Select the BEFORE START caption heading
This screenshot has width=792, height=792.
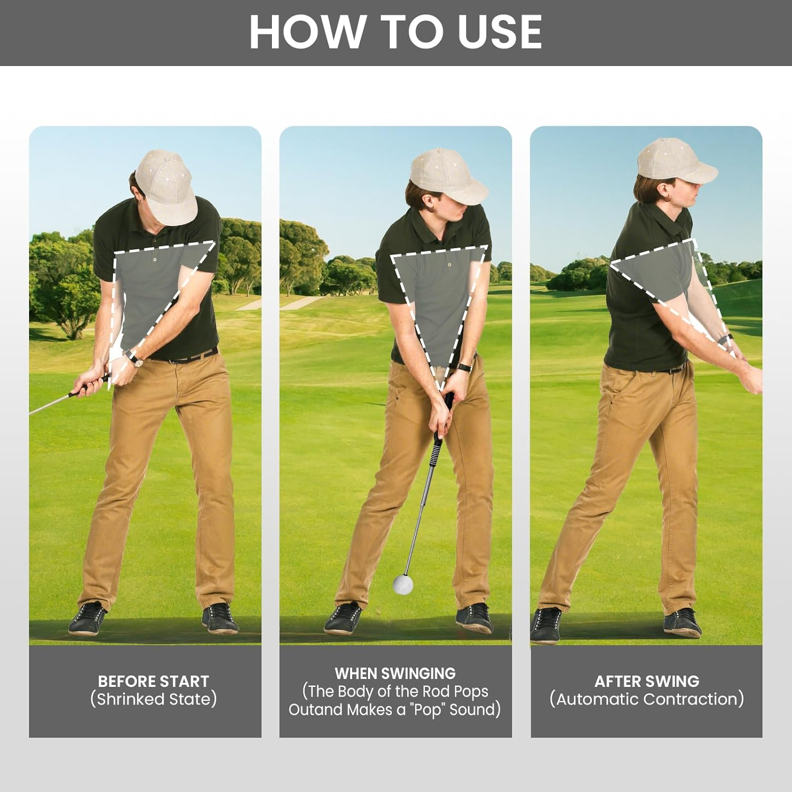pos(153,681)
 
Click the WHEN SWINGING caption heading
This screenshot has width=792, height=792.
pos(395,673)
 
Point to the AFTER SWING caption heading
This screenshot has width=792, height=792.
pos(646,681)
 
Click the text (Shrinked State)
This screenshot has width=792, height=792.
pos(153,699)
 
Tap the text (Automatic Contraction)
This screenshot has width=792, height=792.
pos(646,699)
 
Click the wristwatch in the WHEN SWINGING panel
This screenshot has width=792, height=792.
pos(465,366)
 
